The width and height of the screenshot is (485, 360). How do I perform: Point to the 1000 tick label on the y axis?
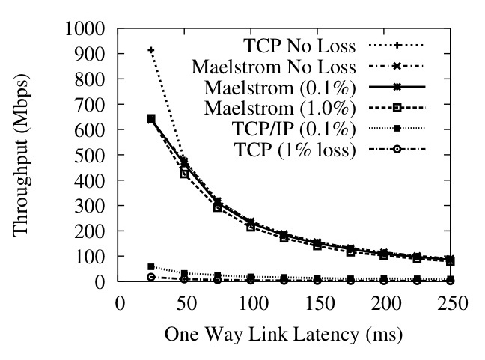[88, 28]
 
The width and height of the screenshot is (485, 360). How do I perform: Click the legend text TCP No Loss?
[302, 45]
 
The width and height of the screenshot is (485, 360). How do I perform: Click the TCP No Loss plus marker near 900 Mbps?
[151, 50]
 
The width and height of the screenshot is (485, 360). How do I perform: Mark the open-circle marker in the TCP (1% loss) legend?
[400, 150]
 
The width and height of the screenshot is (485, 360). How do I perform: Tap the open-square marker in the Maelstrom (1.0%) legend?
[400, 109]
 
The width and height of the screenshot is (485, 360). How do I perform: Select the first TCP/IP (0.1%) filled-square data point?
[151, 266]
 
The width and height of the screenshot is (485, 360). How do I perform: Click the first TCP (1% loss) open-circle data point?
[151, 277]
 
